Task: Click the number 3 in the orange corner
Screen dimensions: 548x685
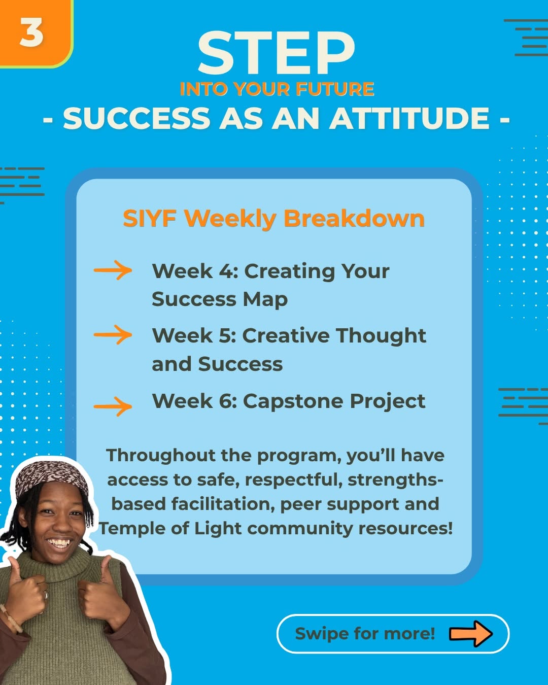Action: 31,32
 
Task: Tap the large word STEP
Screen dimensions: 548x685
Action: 276,53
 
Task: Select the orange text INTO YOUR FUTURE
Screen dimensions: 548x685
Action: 277,89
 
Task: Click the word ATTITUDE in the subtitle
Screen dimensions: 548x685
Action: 409,118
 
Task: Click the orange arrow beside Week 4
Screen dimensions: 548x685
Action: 113,270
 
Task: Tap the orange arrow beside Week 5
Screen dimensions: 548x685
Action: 113,334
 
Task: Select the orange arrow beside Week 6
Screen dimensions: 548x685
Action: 113,406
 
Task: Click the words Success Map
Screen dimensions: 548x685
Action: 220,300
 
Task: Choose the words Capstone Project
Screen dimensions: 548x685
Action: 334,401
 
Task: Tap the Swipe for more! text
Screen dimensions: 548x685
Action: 365,634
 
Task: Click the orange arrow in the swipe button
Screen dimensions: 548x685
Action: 471,633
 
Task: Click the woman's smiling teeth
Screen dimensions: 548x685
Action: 59,542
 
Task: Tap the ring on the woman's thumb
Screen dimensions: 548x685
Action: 46,595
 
